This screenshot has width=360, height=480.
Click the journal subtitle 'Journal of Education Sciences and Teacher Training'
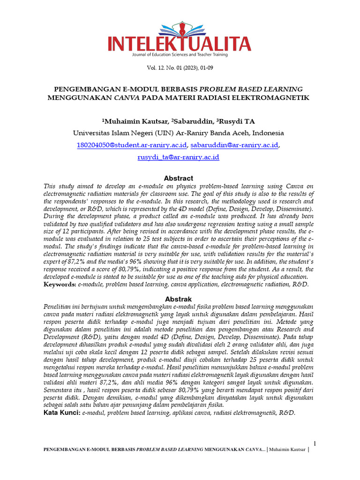pyautogui.click(x=180, y=55)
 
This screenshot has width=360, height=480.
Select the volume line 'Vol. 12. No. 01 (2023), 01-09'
pyautogui.click(x=180, y=68)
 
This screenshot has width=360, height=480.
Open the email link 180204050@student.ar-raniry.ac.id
pyautogui.click(x=132, y=145)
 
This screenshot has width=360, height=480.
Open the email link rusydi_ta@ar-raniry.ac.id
pyautogui.click(x=178, y=157)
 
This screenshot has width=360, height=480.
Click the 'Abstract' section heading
pyautogui.click(x=178, y=178)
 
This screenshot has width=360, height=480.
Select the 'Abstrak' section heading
pyautogui.click(x=178, y=299)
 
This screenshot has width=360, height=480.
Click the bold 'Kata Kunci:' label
pyautogui.click(x=62, y=412)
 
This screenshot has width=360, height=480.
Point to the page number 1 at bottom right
pyautogui.click(x=315, y=443)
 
